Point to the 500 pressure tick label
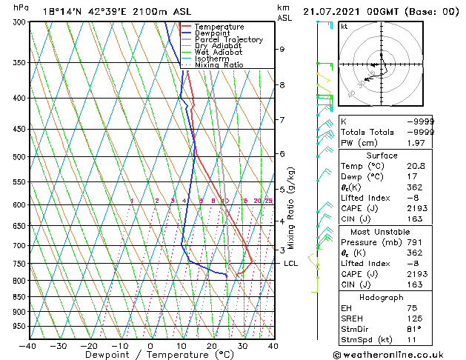[18, 157]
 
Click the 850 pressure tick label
[18, 297]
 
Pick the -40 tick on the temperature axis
[28, 345]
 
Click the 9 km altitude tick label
[282, 49]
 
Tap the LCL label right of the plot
[290, 263]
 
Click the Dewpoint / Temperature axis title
[150, 355]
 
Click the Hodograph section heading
[381, 297]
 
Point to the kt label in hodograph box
[344, 26]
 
